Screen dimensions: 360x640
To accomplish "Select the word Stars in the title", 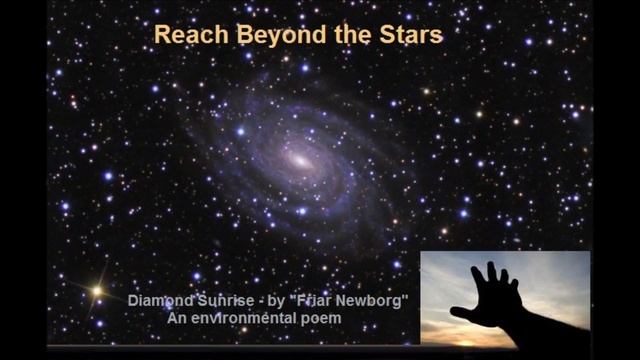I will pyautogui.click(x=410, y=35).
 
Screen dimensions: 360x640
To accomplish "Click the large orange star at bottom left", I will pyautogui.click(x=97, y=291).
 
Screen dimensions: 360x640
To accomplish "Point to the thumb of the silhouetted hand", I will pyautogui.click(x=461, y=312).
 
